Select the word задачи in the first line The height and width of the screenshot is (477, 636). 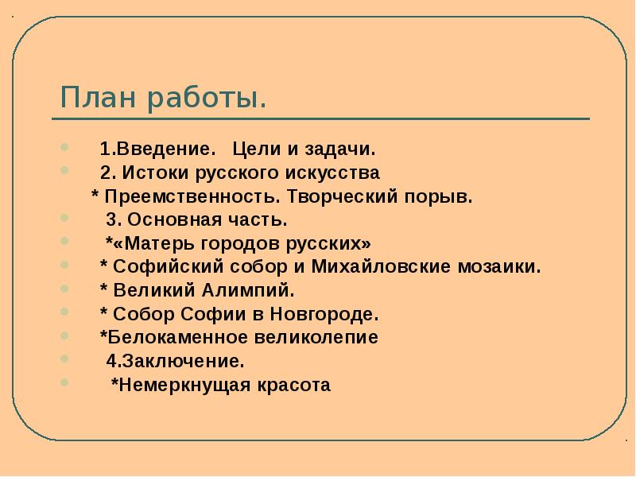tap(340, 149)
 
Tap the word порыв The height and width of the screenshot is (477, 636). tap(446, 196)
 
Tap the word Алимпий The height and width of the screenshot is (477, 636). tap(256, 290)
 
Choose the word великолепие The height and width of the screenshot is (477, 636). tap(319, 337)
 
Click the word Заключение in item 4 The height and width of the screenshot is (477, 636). tap(181, 361)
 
